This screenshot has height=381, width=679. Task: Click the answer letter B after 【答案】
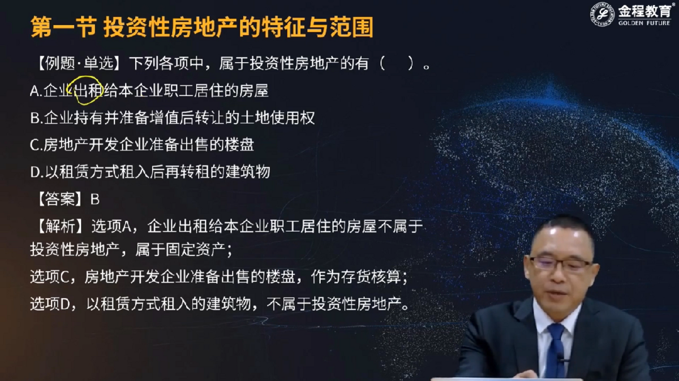(95, 200)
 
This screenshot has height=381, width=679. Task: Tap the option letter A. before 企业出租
(36, 91)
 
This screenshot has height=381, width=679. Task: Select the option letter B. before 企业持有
(36, 118)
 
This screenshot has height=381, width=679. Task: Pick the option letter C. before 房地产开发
(36, 145)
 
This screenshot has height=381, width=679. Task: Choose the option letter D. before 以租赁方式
(36, 172)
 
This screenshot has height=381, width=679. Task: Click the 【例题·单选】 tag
(78, 64)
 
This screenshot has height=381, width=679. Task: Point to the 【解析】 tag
(60, 226)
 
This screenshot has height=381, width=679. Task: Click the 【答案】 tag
(60, 200)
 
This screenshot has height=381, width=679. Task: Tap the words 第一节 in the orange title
(63, 27)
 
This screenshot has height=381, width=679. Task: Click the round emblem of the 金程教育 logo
(602, 14)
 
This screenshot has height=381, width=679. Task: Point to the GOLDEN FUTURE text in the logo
(644, 23)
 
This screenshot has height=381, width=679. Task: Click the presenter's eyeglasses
(561, 263)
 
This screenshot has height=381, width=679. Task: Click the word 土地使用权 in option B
(277, 118)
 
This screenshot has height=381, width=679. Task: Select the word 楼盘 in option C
(239, 145)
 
